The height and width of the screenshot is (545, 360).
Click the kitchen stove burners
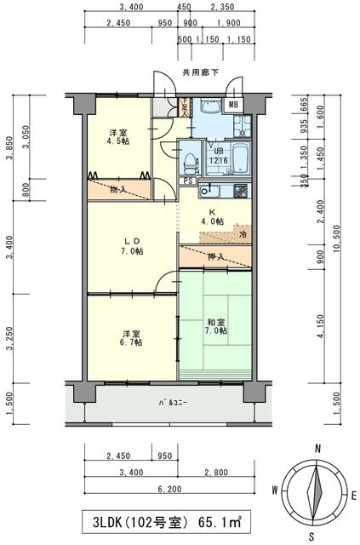(241, 190)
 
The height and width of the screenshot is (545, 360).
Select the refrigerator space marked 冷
(243, 233)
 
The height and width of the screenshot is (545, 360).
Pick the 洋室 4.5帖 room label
(118, 137)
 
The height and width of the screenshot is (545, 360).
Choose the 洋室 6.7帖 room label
(129, 336)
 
